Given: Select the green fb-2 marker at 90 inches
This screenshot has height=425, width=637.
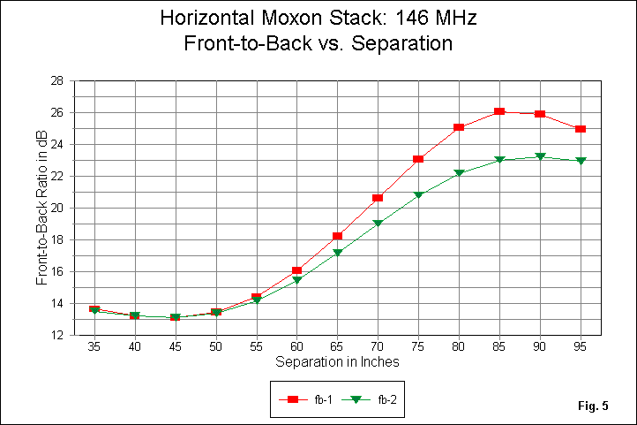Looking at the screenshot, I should tap(540, 157).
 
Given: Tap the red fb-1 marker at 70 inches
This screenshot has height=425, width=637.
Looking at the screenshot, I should tap(378, 198).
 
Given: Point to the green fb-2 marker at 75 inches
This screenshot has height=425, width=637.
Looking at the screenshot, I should tap(418, 195).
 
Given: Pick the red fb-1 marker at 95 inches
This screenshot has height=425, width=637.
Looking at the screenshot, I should tap(581, 129).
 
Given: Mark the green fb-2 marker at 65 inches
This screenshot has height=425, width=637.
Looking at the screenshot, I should tap(337, 253).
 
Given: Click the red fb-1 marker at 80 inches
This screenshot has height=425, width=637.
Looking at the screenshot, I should tap(459, 127).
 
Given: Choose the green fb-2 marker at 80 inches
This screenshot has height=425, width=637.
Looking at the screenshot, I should tap(459, 173).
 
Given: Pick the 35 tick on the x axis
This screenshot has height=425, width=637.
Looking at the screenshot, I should tap(94, 347).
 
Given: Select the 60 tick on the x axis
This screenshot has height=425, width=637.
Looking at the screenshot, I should tap(296, 347).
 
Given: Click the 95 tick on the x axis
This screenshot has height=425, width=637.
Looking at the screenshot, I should tap(581, 347).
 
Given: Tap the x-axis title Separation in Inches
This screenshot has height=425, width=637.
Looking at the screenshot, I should tap(337, 362).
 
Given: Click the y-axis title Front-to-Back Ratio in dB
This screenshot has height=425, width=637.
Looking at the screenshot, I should tap(42, 208).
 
